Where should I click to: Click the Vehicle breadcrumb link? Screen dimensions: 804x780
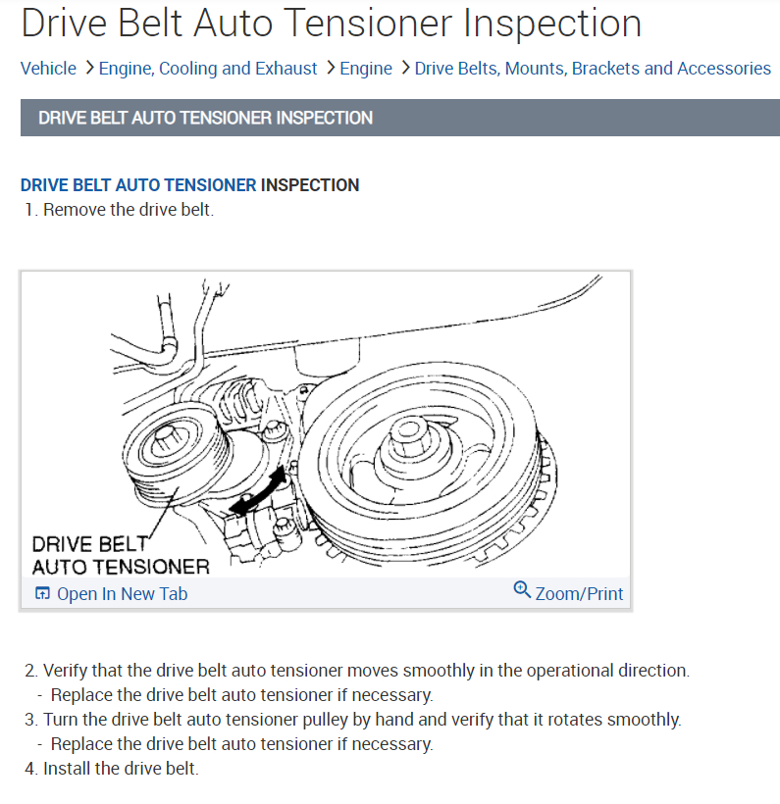pyautogui.click(x=48, y=69)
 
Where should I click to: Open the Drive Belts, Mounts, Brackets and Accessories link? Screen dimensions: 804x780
pyautogui.click(x=593, y=69)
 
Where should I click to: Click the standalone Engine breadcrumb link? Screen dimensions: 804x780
pyautogui.click(x=366, y=69)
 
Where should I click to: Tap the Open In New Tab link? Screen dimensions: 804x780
pyautogui.click(x=122, y=594)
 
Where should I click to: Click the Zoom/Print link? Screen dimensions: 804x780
pyautogui.click(x=579, y=593)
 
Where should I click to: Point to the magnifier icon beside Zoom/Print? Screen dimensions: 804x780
pyautogui.click(x=522, y=590)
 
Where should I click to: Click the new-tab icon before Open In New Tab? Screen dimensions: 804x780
pyautogui.click(x=42, y=594)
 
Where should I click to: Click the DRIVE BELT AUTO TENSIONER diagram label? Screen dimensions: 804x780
pyautogui.click(x=120, y=555)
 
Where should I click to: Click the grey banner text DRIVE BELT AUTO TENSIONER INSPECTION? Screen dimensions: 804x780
pyautogui.click(x=205, y=118)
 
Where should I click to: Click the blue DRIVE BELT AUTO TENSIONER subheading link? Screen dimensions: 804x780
pyautogui.click(x=138, y=184)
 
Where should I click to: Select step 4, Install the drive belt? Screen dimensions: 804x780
pyautogui.click(x=121, y=768)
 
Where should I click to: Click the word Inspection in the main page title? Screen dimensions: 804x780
pyautogui.click(x=552, y=23)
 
